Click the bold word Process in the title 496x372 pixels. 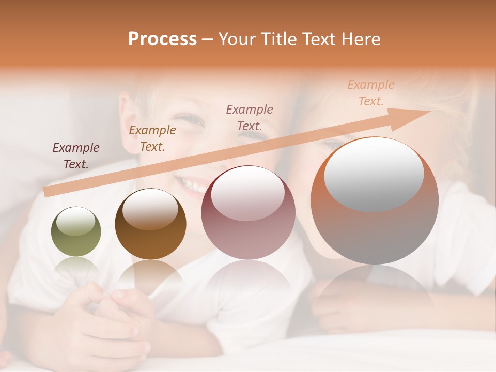[x=162, y=39]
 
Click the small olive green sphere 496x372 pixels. [x=76, y=232]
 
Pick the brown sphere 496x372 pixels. [x=150, y=224]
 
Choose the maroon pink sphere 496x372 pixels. [x=248, y=212]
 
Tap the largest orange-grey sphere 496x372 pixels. [x=375, y=202]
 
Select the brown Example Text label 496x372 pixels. [x=152, y=138]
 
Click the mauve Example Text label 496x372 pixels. [x=250, y=117]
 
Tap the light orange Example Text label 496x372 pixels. [x=371, y=93]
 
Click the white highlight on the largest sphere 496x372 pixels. [x=374, y=173]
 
